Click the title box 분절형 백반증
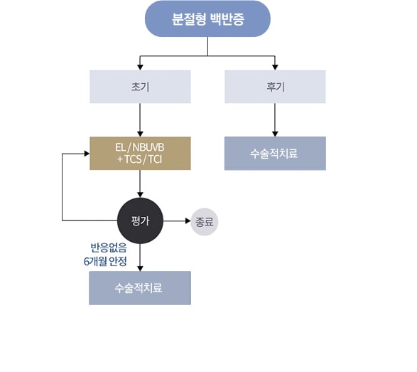[207, 18]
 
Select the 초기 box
[140, 87]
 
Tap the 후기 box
[275, 87]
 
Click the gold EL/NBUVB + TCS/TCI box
[140, 154]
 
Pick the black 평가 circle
[140, 220]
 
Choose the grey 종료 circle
[205, 221]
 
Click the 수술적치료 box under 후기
[275, 154]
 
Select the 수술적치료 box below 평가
[140, 288]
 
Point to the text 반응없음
[109, 248]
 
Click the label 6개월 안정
[105, 261]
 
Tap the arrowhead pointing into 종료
[188, 220]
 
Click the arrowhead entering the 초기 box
[140, 67]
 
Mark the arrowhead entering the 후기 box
[275, 67]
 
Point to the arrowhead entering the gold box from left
[87, 154]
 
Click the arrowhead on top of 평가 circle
[140, 195]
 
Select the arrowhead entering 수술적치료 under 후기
[275, 134]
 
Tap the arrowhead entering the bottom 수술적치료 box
[140, 268]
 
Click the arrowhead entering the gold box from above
[140, 134]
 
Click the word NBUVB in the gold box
[148, 147]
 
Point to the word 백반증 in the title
[227, 19]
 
